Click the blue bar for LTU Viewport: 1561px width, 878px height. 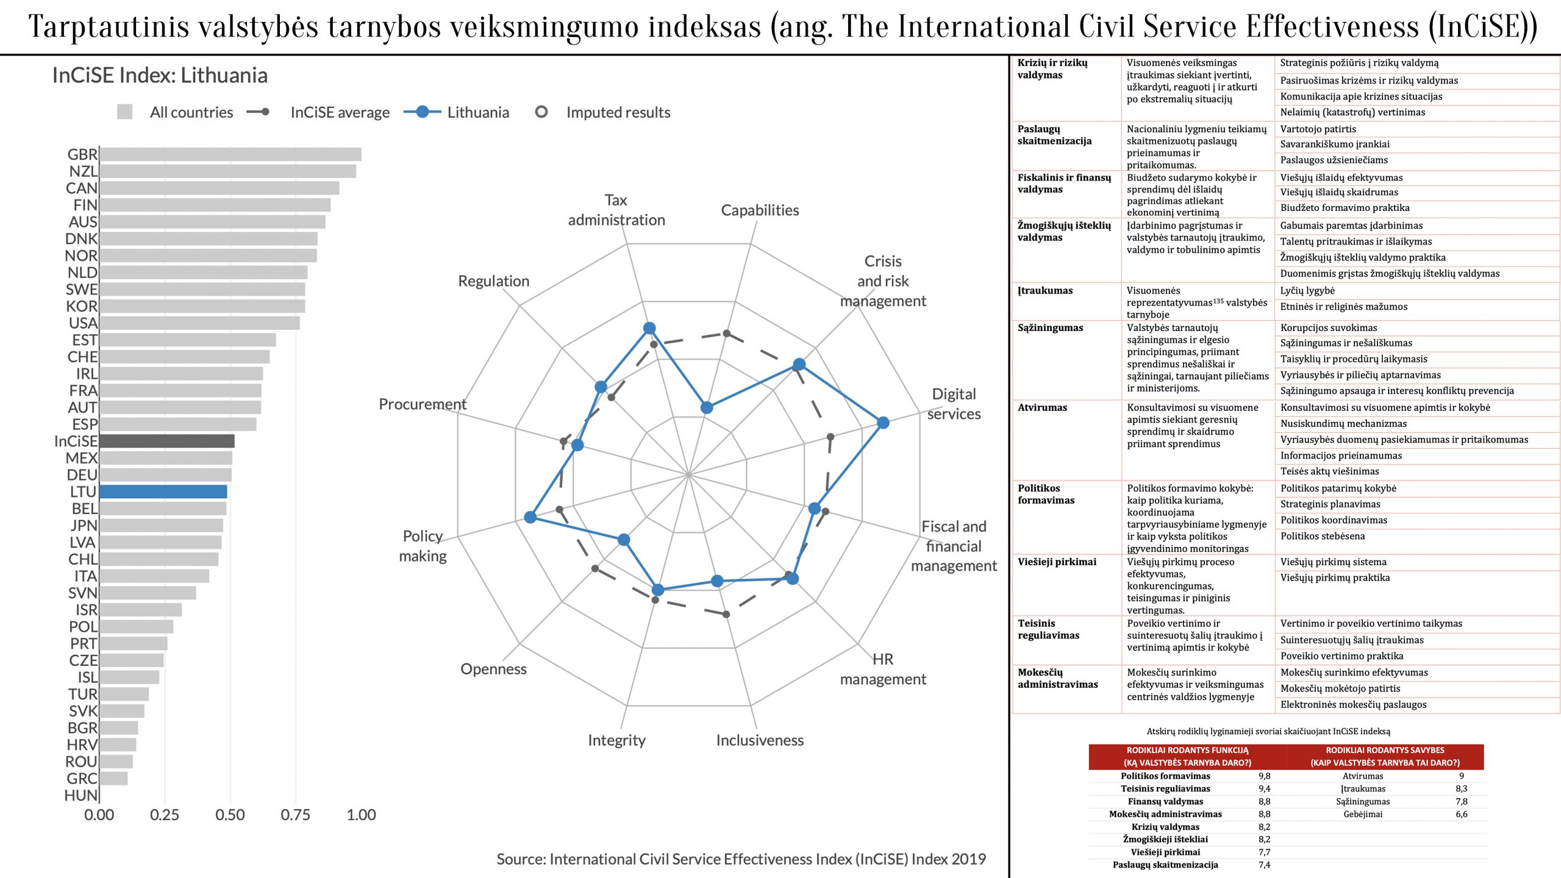[163, 491]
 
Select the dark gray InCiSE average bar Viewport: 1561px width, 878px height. [166, 441]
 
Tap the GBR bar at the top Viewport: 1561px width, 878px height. [230, 154]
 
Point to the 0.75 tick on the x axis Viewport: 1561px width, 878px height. [296, 815]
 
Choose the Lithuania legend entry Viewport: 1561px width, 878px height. [477, 112]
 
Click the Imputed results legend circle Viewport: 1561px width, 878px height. [541, 112]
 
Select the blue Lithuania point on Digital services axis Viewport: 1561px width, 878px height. [882, 423]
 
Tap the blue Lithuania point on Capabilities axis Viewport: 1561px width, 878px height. [706, 407]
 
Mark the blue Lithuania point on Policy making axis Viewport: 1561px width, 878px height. [530, 517]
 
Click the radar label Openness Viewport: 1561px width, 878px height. [493, 669]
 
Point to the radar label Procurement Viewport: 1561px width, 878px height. [422, 404]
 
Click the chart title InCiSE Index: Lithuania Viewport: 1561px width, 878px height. [160, 75]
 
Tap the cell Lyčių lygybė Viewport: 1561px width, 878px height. [1307, 291]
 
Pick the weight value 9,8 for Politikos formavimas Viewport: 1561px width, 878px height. [1264, 776]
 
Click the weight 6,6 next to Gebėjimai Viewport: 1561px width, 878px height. [1461, 814]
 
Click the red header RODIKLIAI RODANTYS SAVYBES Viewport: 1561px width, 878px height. [1385, 756]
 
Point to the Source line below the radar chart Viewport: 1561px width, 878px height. [741, 859]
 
